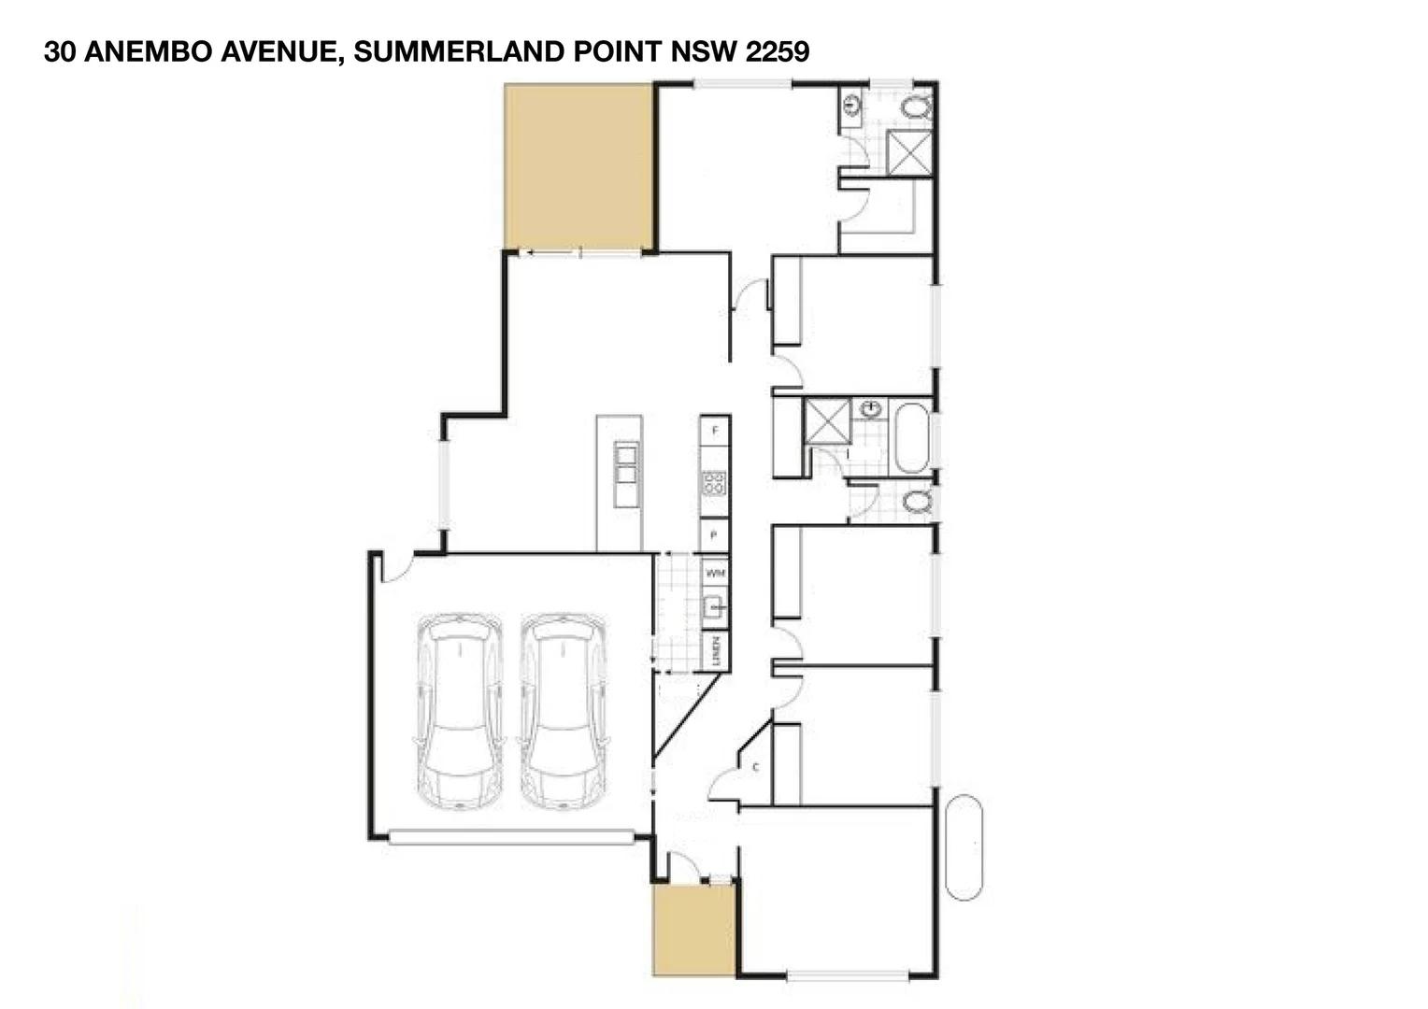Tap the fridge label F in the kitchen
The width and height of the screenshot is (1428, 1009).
715,431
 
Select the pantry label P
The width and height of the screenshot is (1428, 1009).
715,535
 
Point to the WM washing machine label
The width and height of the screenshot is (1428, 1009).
715,573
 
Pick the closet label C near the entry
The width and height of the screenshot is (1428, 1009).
755,768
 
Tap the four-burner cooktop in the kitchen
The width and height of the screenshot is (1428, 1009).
715,483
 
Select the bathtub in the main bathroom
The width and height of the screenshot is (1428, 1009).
911,437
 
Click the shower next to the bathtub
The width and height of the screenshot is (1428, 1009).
828,419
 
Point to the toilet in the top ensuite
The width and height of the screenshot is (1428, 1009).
917,107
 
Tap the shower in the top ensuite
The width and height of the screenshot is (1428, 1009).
909,153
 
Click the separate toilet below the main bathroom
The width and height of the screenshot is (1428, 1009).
917,503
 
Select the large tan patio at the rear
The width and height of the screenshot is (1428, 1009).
578,166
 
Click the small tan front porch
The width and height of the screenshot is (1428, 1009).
693,931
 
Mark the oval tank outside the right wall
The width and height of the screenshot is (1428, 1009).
964,847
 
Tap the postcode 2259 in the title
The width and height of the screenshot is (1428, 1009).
777,52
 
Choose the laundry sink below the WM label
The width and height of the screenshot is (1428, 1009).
715,609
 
